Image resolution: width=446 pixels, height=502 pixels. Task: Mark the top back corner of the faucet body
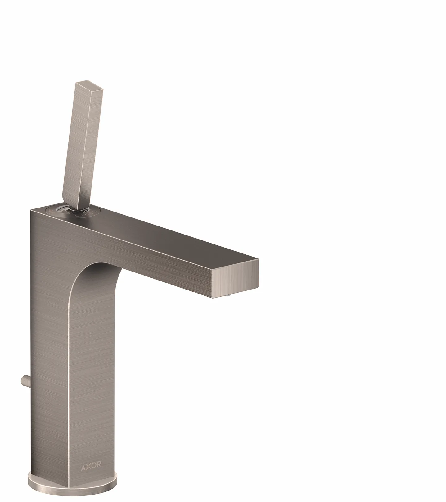point(31,211)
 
